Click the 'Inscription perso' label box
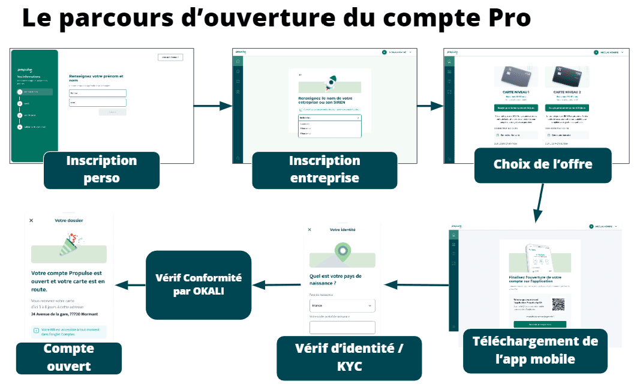coord(101,170)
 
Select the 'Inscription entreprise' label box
coord(324,170)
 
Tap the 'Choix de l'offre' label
coord(543,164)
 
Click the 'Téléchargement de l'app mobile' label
coord(535,350)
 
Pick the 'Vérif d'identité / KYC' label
coord(349,358)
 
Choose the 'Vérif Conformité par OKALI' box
coord(190,284)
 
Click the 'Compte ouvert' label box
coord(68,358)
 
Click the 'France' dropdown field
coord(342,306)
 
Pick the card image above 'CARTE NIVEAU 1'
coord(519,76)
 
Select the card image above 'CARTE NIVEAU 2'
coord(566,76)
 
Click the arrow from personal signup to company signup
coord(212,106)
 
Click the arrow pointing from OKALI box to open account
coord(130,285)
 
